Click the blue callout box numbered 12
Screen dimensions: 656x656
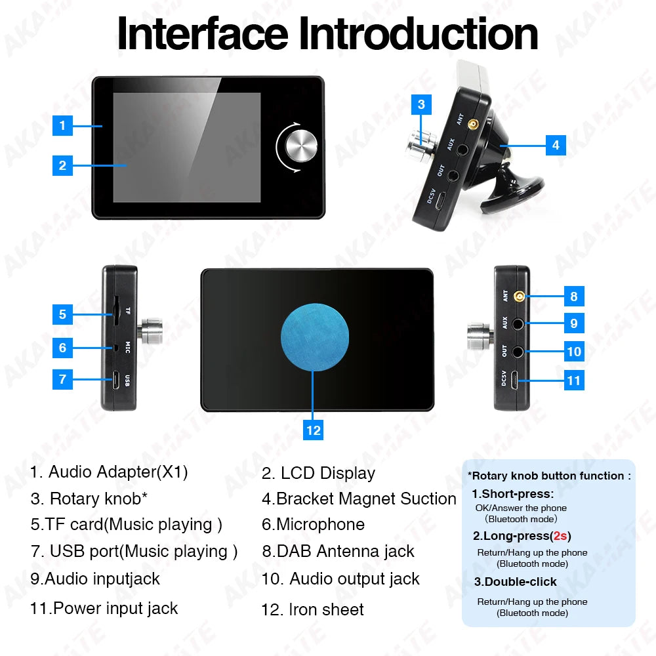(x=314, y=430)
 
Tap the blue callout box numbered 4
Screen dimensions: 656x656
(x=556, y=145)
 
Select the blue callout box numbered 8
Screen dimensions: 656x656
(x=574, y=297)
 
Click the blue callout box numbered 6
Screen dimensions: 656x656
(x=62, y=347)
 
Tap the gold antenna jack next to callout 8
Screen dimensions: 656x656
(x=520, y=297)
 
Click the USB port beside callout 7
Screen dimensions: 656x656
(x=115, y=379)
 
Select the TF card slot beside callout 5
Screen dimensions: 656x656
(x=113, y=311)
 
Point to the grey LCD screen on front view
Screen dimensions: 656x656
(x=187, y=148)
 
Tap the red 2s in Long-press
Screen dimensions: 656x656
(x=560, y=536)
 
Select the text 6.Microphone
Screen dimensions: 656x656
(x=313, y=524)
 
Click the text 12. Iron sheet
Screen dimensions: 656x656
(x=312, y=609)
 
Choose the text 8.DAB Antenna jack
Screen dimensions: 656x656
(x=338, y=551)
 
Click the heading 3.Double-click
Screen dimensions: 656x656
(x=515, y=582)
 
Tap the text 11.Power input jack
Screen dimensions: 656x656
(x=104, y=608)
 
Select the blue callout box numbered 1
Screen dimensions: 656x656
(x=62, y=125)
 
